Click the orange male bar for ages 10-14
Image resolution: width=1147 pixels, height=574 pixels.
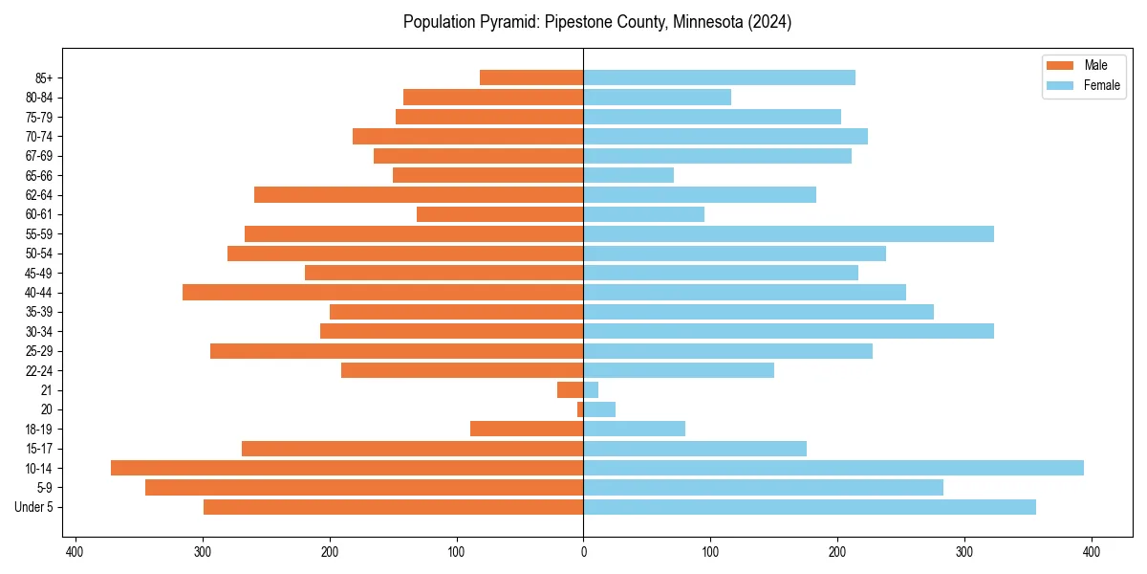[347, 468]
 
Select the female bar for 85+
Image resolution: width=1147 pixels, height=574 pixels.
[719, 77]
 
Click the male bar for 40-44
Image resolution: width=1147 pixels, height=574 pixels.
[382, 292]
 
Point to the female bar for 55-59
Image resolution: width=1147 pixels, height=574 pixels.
[789, 233]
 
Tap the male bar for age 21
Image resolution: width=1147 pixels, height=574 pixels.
[571, 389]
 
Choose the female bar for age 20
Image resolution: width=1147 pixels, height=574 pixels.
[599, 409]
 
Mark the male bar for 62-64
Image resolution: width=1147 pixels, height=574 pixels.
[419, 194]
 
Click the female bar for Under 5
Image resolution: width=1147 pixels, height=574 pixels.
[810, 507]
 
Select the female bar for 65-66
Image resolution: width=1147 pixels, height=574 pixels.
[628, 175]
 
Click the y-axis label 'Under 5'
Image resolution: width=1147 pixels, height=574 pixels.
[34, 507]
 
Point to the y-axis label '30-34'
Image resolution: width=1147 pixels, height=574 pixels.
[39, 331]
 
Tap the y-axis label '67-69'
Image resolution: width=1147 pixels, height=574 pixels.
[39, 156]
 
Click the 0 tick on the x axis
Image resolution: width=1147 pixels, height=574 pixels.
[583, 551]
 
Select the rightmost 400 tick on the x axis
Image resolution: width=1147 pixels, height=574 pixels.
[1092, 551]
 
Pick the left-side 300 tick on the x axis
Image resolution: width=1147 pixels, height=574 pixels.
[203, 551]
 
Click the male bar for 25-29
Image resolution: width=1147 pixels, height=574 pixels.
[397, 351]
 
